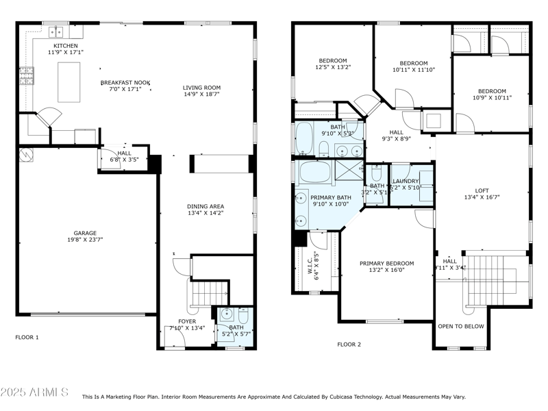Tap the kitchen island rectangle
68,82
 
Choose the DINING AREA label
206,206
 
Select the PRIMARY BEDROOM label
387,263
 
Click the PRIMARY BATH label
332,197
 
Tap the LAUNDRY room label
405,182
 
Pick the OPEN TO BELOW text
460,326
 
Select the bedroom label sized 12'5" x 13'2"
332,60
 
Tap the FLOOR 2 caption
349,344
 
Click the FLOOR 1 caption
27,337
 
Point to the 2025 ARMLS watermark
34,393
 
